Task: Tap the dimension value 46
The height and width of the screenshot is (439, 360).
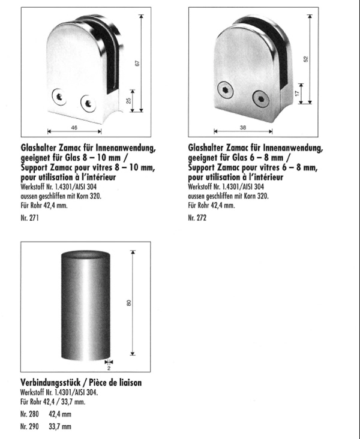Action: click(74, 127)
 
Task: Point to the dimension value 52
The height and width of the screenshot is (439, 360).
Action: click(306, 58)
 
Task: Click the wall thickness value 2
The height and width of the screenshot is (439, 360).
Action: click(109, 368)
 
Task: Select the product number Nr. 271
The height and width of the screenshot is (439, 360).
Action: click(29, 220)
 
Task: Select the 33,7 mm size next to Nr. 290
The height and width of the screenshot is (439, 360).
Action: click(60, 426)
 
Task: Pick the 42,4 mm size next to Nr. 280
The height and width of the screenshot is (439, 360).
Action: click(60, 414)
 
